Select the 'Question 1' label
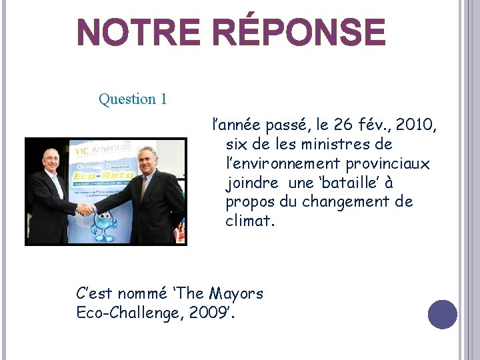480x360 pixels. tap(133, 99)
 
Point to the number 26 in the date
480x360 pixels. tap(341, 125)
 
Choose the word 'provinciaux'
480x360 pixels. tap(388, 163)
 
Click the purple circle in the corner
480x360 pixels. tap(443, 314)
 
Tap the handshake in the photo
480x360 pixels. tap(86, 209)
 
